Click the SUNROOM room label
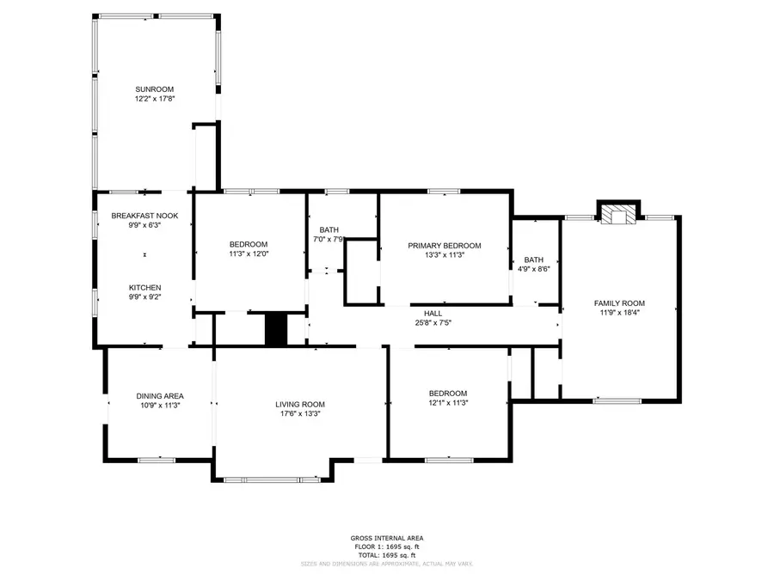pos(154,89)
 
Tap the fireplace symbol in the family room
pos(619,214)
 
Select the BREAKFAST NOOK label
pos(144,216)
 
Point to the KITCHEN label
pos(144,288)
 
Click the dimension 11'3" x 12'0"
pos(249,254)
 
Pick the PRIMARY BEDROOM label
pos(444,246)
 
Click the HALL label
pos(433,314)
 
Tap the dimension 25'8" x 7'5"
pos(433,323)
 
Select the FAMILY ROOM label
pos(619,303)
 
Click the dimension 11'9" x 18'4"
pos(619,313)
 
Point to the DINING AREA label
pos(160,396)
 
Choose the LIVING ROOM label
pos(300,404)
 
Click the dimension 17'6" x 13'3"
pos(300,414)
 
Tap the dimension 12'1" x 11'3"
pos(447,403)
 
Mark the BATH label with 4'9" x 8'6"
pos(534,260)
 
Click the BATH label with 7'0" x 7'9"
pos(329,229)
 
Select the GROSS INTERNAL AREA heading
pos(386,539)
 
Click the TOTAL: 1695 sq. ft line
pos(386,554)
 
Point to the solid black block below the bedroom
pos(275,330)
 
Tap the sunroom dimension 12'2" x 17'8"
pos(154,99)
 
